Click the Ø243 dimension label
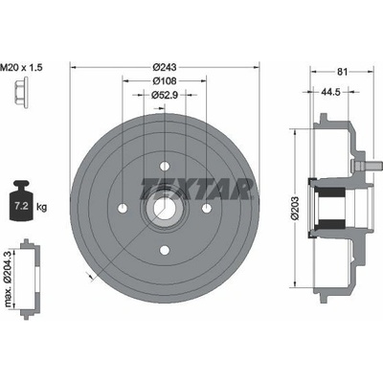pyautogui.click(x=165, y=67)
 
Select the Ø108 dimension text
pyautogui.click(x=165, y=81)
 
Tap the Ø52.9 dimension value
pyautogui.click(x=165, y=95)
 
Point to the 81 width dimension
pyautogui.click(x=342, y=72)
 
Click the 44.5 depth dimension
pyautogui.click(x=330, y=92)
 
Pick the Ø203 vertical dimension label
pyautogui.click(x=295, y=208)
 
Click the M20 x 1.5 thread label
pyautogui.click(x=21, y=67)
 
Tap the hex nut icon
pyautogui.click(x=21, y=93)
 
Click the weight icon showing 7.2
pyautogui.click(x=21, y=201)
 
